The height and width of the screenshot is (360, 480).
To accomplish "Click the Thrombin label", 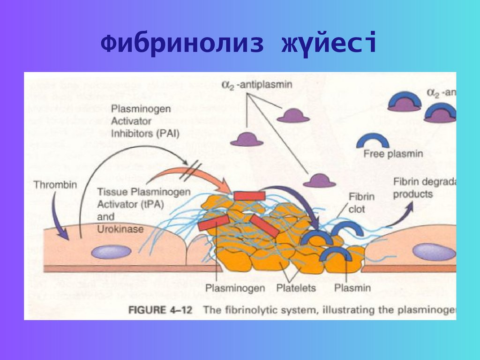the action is pyautogui.click(x=55, y=184).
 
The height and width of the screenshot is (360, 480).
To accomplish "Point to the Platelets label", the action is pyautogui.click(x=296, y=287).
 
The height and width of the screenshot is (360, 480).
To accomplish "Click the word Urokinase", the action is pyautogui.click(x=120, y=229).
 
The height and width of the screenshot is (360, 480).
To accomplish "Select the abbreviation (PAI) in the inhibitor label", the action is pyautogui.click(x=168, y=133).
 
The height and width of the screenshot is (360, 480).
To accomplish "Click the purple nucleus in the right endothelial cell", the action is pyautogui.click(x=434, y=252).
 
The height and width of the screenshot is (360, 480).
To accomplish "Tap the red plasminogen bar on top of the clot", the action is pyautogui.click(x=249, y=195).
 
